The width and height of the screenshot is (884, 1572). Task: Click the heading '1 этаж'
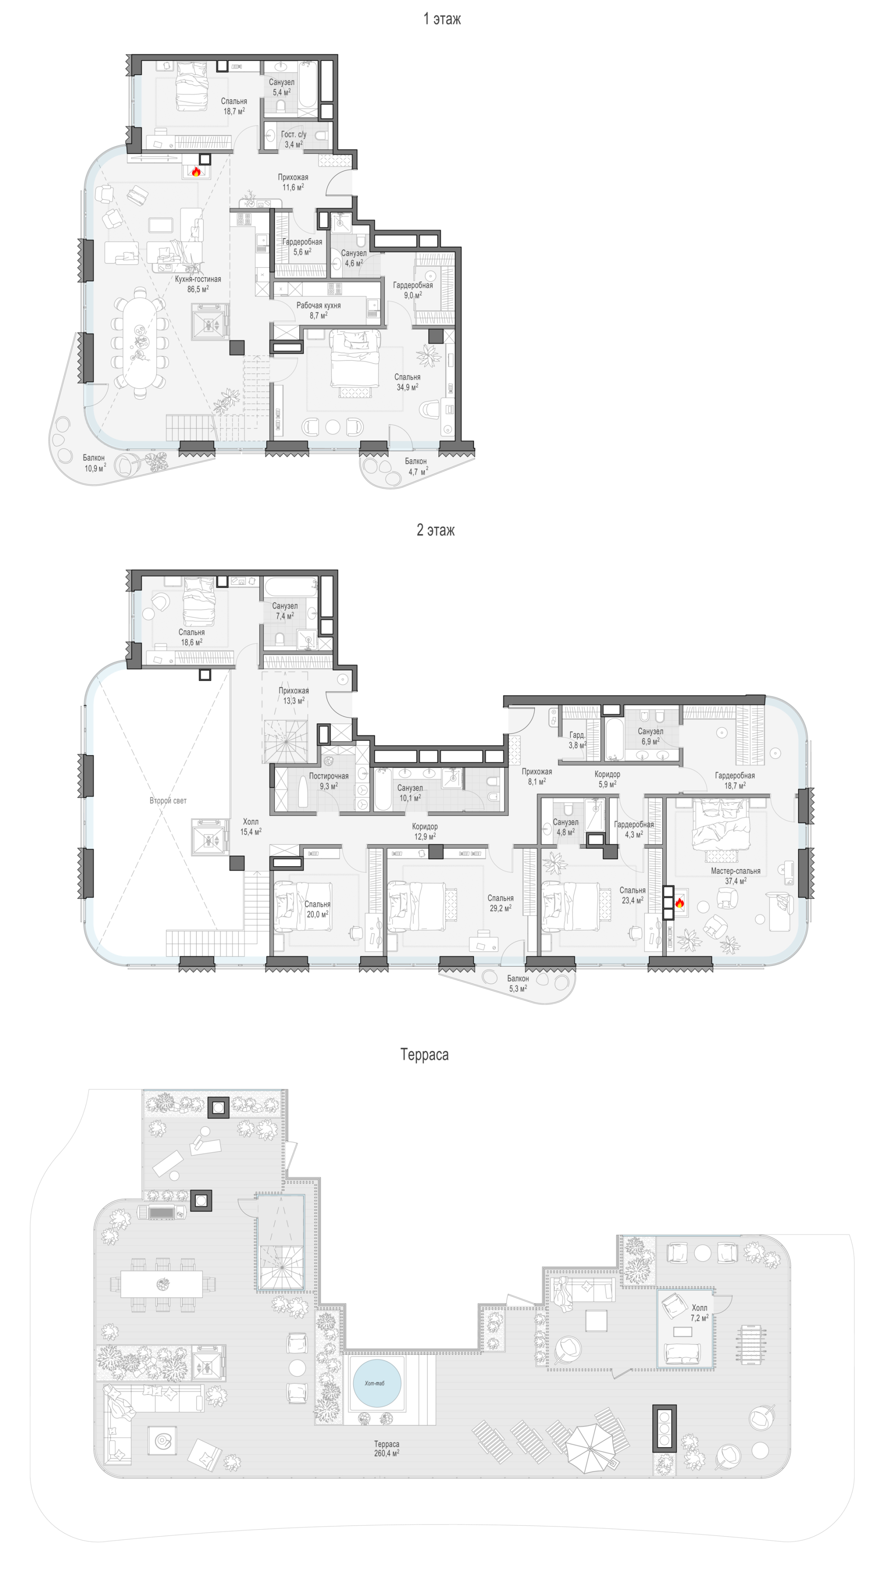click(x=442, y=19)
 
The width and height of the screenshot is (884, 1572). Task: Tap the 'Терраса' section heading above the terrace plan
click(x=424, y=1054)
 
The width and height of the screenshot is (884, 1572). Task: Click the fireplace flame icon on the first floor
click(x=196, y=172)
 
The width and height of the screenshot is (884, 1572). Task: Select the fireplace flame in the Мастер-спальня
click(x=679, y=902)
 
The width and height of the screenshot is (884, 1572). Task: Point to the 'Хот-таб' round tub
click(x=377, y=1383)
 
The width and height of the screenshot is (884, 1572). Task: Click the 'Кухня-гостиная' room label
click(x=198, y=279)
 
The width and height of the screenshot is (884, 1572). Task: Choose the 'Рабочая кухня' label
click(x=319, y=305)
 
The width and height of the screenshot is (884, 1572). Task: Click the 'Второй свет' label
click(x=168, y=800)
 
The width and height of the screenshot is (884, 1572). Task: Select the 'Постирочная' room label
click(x=328, y=776)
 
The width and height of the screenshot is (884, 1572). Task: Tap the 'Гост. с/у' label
click(x=293, y=134)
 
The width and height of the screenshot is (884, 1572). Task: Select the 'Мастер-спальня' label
click(x=735, y=871)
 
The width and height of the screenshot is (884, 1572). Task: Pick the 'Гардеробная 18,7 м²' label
click(x=735, y=780)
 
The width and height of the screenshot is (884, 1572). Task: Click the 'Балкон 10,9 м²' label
click(x=94, y=462)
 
